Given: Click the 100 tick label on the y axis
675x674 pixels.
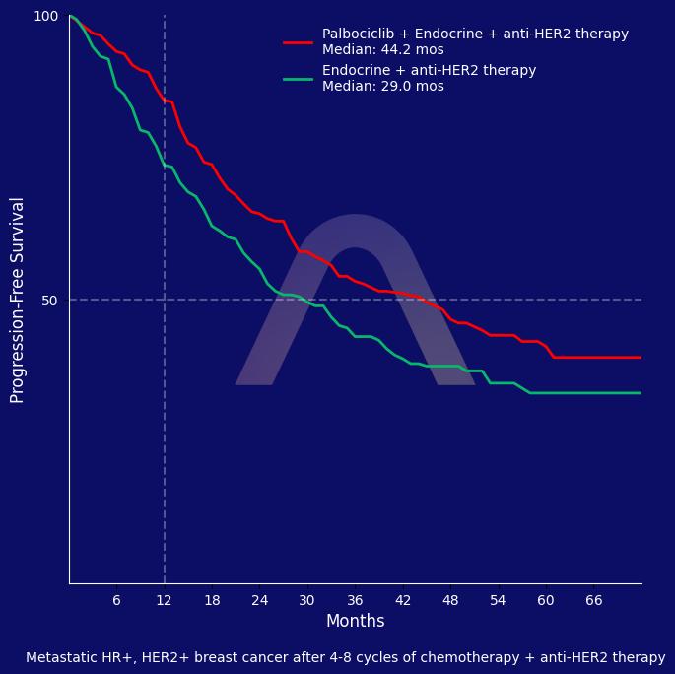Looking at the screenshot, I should coord(46,16).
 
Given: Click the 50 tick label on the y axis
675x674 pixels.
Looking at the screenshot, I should coord(49,301).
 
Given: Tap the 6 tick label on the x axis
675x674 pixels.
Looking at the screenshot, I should coord(116,600).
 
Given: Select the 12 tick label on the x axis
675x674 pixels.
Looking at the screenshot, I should coord(165,600).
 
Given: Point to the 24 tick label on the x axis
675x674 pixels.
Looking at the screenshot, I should coord(259,600).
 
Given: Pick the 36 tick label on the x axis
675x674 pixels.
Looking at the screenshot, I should coord(355,600).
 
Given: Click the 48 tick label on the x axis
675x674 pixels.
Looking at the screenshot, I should coord(450,600).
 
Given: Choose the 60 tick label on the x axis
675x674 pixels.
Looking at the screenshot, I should coord(546,600).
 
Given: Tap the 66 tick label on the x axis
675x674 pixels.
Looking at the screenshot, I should coord(593,600).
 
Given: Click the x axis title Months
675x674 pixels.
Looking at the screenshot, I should coord(355,622).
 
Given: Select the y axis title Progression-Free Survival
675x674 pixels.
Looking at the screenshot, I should coord(18,300).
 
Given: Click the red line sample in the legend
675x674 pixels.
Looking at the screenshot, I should coord(298,42).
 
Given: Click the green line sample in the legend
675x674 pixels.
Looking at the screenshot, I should coord(298,79).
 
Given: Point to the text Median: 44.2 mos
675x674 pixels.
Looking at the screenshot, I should coord(383,50).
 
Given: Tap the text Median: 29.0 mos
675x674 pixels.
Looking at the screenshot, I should coord(383,87).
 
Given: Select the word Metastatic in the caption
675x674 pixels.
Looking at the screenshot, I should coord(61,657).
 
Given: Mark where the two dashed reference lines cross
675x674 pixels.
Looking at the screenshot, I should coord(165,300).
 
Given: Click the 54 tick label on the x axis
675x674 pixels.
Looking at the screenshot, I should coord(498,600).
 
